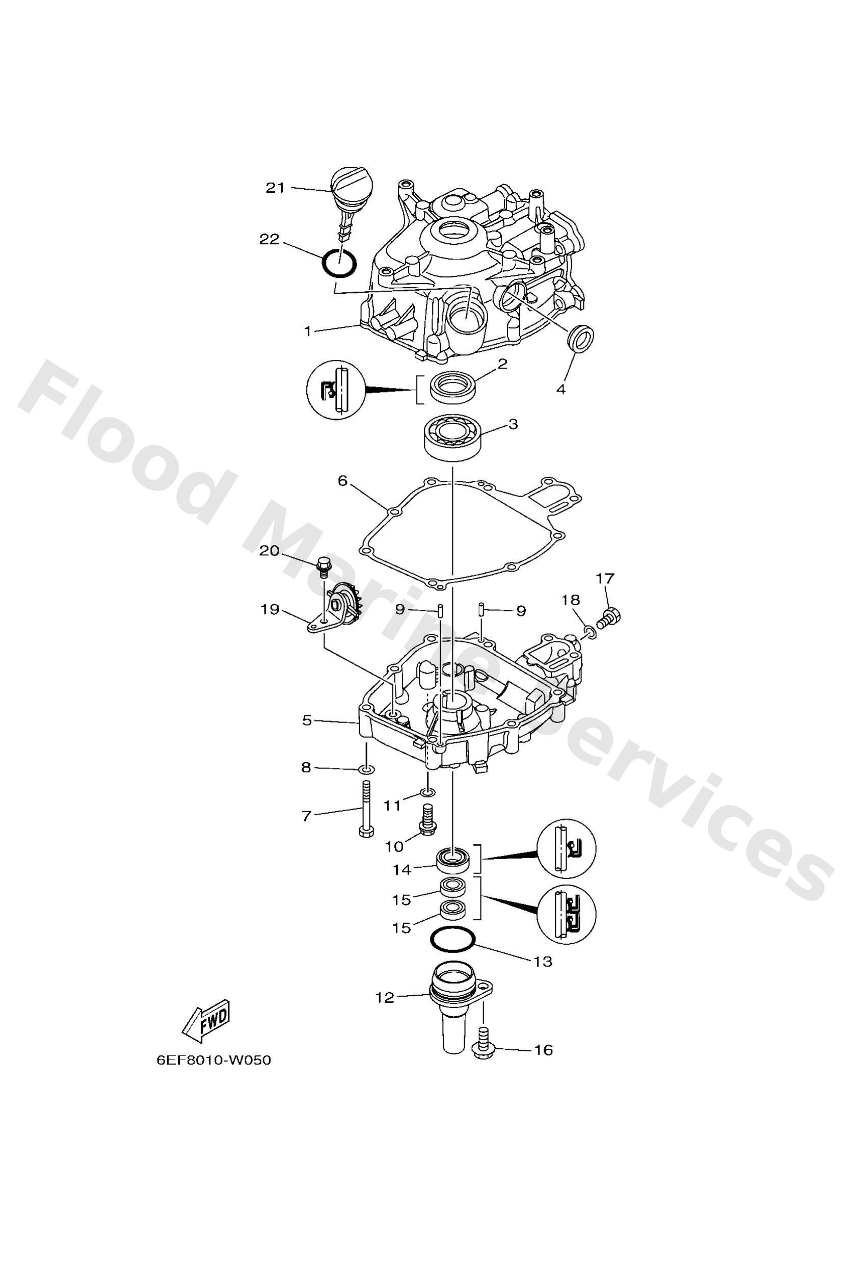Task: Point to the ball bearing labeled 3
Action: click(x=451, y=437)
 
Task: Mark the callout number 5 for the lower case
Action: click(x=307, y=720)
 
